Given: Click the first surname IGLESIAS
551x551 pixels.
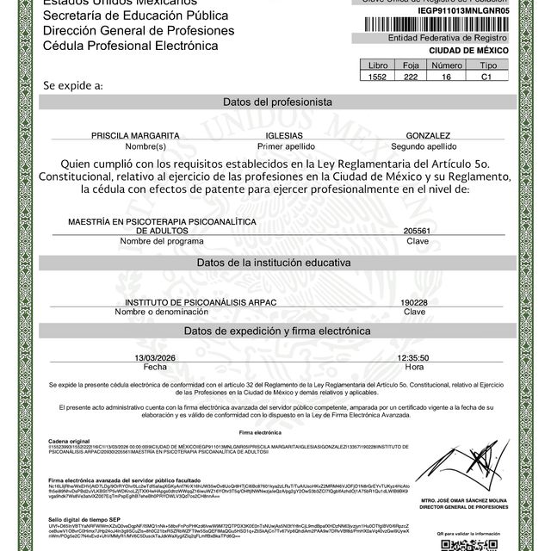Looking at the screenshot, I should pos(290,136).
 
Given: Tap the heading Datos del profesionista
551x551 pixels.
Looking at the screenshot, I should pos(277,102).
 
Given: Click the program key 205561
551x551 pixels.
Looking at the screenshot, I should pos(417,232).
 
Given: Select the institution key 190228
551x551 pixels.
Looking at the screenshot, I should pos(414,303).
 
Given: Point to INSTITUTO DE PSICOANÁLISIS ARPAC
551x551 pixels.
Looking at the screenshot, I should pos(194,303).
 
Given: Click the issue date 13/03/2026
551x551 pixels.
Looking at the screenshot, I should pos(155,356).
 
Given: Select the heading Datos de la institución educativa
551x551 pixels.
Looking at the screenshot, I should pos(277,263).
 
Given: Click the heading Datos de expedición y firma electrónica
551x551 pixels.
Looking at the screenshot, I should pos(277,331).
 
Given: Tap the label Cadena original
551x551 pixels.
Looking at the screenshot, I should pos(69,440).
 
